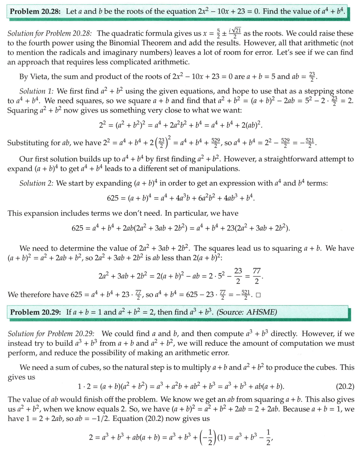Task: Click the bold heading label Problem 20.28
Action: (36, 11)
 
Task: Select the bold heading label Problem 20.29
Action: (36, 312)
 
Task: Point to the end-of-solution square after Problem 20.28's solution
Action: (258, 295)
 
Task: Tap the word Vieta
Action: (39, 77)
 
